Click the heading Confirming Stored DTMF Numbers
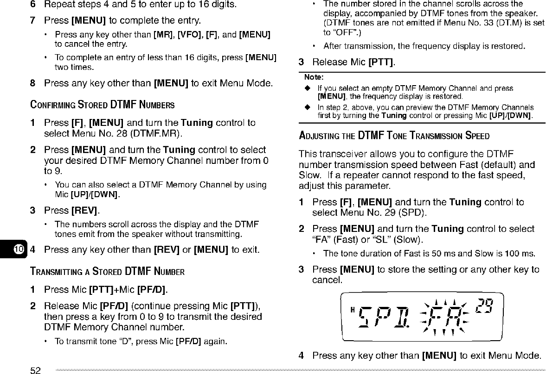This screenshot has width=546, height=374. point(103,105)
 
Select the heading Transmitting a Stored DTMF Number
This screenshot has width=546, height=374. point(108,271)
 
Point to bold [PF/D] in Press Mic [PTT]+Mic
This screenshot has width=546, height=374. point(152,290)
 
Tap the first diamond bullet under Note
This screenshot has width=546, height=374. point(307,88)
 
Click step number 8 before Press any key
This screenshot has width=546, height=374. point(33,84)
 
